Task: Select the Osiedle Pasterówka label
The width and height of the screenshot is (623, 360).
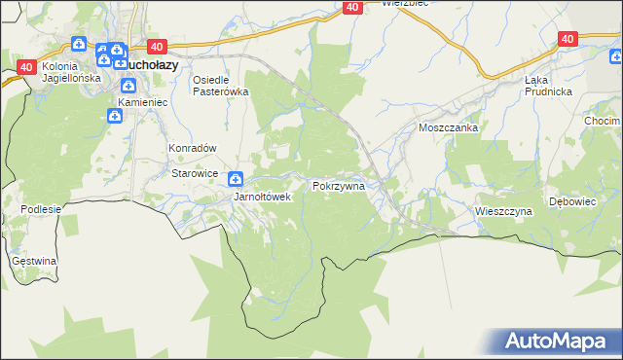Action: pos(221,86)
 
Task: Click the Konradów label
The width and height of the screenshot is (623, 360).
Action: pos(192,148)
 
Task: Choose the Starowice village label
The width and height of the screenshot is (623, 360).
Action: pos(195,172)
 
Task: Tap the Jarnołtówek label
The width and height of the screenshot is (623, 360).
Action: pos(262,197)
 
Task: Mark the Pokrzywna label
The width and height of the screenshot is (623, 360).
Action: pos(338,185)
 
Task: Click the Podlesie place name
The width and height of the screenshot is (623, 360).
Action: pos(41,208)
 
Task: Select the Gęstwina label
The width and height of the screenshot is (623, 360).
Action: pos(34,261)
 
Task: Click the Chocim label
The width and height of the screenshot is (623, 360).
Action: pos(603,121)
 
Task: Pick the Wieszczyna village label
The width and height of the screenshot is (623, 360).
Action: pos(503,210)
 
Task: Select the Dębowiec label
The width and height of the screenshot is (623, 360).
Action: pos(571,201)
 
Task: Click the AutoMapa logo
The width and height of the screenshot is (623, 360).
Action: pos(556,341)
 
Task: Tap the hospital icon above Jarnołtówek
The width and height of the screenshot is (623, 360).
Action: pos(236,179)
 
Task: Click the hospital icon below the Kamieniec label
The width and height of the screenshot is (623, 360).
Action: pos(114,117)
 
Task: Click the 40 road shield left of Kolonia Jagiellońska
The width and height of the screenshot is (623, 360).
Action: pos(26,66)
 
